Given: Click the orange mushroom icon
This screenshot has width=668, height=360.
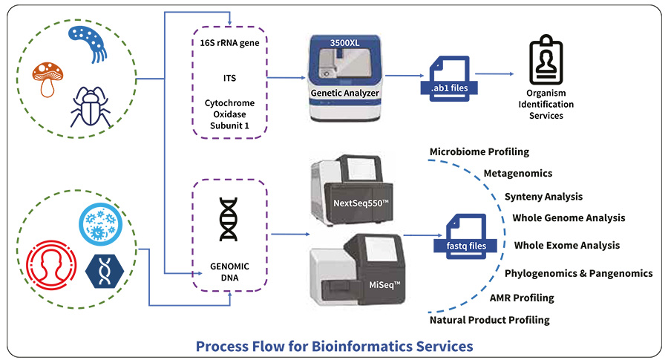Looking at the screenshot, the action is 48,79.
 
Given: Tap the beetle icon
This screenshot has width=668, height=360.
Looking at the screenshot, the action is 91,108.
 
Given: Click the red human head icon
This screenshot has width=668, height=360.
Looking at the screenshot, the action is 51,265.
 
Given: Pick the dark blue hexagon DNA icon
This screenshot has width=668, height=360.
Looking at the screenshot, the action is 105,271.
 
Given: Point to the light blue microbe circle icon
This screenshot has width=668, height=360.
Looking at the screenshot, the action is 100,224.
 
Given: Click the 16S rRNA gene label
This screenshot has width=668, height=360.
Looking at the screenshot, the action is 229,42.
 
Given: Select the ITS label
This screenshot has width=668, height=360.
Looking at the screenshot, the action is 229,78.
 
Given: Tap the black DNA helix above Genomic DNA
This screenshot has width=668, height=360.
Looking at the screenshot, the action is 229,220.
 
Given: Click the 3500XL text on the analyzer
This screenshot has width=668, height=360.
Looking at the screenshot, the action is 344,43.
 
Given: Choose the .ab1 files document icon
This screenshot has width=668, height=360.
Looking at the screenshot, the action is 449,79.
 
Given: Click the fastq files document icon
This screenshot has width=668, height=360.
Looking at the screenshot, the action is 465,237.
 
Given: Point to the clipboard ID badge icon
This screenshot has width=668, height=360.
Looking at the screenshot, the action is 546,60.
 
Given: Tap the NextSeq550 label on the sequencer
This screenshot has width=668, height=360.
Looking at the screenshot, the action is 361,203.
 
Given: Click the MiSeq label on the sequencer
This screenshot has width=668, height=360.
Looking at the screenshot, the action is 384,284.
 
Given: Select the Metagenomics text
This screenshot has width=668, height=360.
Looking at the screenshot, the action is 518,174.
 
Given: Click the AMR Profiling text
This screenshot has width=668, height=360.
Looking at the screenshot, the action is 522,298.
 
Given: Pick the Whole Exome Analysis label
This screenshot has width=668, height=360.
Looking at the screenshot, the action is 567,246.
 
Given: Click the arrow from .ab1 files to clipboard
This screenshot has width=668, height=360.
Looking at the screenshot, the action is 494,74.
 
